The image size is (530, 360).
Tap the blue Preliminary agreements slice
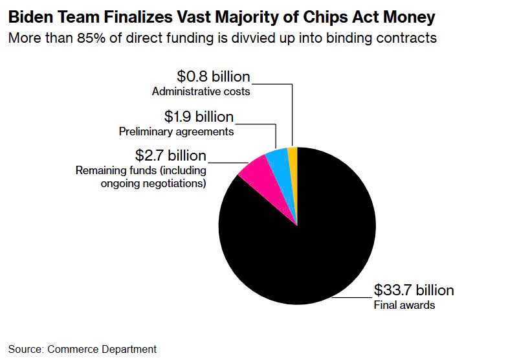tap(279, 163)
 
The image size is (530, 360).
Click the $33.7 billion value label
tap(414, 289)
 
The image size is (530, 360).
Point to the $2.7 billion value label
tap(170, 155)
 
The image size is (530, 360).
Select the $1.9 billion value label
tap(198, 117)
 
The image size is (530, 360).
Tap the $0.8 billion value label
tap(213, 77)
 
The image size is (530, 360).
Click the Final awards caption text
tap(404, 304)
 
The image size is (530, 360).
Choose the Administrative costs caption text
tap(201, 92)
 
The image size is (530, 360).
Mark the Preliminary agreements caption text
tap(176, 132)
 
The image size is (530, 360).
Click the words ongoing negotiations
tap(153, 183)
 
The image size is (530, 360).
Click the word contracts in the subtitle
tap(406, 38)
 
